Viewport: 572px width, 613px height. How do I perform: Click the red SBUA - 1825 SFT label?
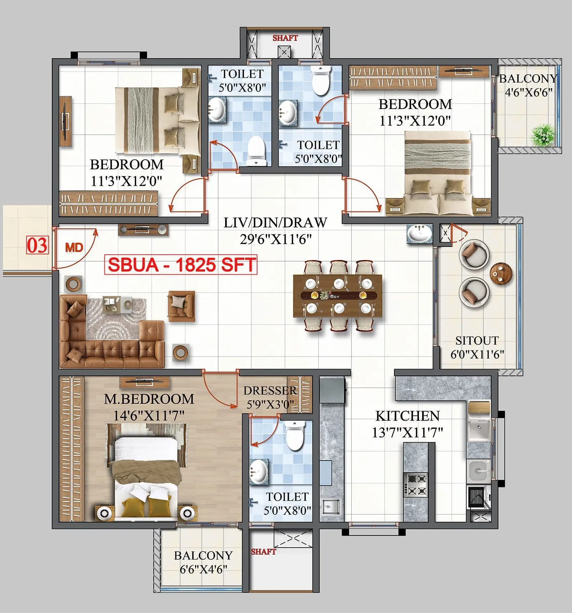pos(181,265)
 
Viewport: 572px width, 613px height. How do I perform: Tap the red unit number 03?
pos(37,245)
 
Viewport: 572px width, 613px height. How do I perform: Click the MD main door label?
pos(74,248)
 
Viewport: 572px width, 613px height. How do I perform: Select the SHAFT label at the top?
pos(285,38)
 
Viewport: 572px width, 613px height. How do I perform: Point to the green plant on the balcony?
pos(543,135)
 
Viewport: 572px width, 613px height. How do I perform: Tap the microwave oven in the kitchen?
pos(478,497)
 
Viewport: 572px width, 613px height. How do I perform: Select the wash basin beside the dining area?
pos(419,234)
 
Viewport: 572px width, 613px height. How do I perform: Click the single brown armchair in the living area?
pos(182,305)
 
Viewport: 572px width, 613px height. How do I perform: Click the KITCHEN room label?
pos(407,416)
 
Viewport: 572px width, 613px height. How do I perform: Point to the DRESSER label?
pos(270,390)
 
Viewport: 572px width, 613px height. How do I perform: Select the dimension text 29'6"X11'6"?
pos(276,239)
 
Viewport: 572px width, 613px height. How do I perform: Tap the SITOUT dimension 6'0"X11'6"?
pos(477,354)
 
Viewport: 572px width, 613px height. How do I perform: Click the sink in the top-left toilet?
pos(216,110)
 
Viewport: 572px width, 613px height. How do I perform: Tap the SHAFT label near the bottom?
pos(263,552)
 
